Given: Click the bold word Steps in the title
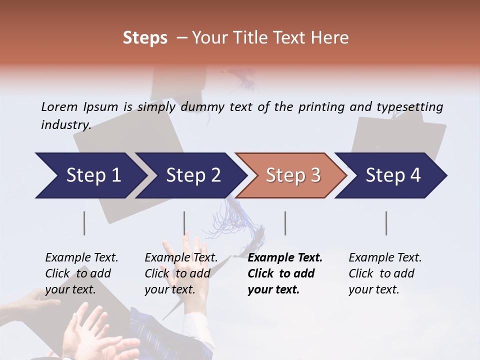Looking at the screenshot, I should (x=145, y=38).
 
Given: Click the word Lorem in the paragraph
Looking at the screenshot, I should (x=59, y=107).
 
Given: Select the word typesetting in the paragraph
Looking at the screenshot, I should (x=409, y=107).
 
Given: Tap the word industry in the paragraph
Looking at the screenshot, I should (x=65, y=124).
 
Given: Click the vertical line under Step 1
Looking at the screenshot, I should (x=84, y=223).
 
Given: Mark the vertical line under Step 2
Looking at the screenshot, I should (x=184, y=223).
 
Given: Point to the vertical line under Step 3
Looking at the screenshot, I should (x=285, y=223).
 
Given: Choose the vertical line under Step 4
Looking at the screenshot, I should (x=386, y=223).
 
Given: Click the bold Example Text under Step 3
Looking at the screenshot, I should (x=285, y=258).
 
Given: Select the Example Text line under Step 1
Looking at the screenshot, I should (x=81, y=258).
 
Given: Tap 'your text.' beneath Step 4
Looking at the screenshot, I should (x=374, y=289).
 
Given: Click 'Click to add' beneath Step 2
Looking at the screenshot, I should (x=177, y=273).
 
